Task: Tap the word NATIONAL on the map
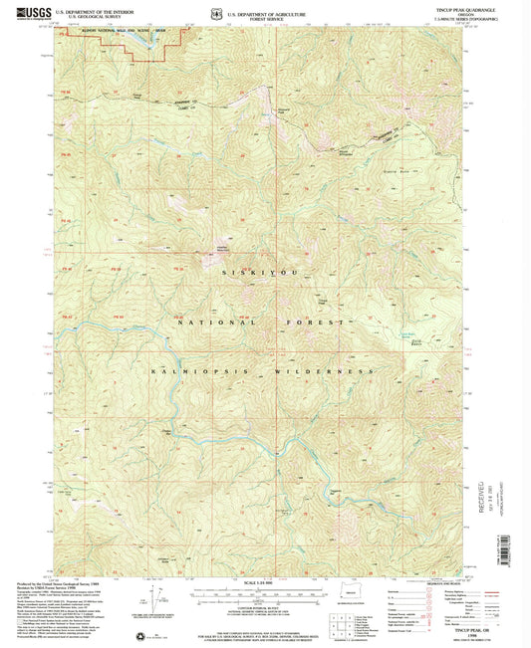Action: (x=206, y=324)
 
